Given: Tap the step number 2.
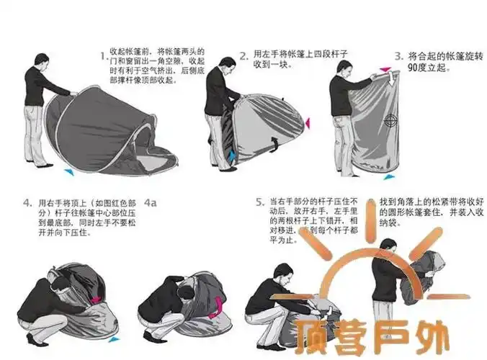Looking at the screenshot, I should pyautogui.click(x=244, y=54).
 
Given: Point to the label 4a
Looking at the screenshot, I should pyautogui.click(x=151, y=203).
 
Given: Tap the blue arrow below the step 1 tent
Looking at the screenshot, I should pyautogui.click(x=68, y=172).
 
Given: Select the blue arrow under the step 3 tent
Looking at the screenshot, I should pyautogui.click(x=389, y=176).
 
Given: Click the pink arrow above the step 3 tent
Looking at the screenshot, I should pyautogui.click(x=385, y=71).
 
